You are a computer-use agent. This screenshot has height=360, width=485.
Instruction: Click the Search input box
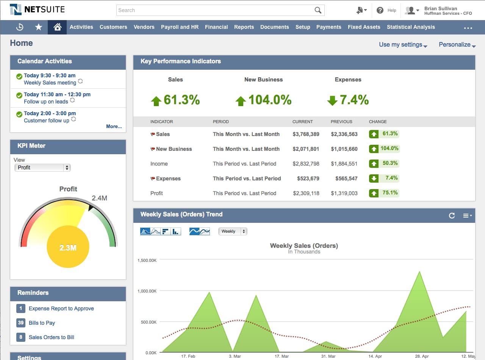(x=216, y=10)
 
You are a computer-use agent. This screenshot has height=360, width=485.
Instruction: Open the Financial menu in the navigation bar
(x=216, y=27)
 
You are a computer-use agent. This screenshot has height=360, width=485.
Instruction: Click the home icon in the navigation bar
(x=57, y=27)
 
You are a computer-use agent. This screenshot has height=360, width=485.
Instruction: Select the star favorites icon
(x=38, y=27)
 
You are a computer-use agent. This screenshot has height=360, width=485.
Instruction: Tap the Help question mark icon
(x=380, y=11)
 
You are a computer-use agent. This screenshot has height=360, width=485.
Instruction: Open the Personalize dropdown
(x=457, y=45)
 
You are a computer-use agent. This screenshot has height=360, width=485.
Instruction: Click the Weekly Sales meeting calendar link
(x=50, y=83)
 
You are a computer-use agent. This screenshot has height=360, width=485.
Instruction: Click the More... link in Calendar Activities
(x=114, y=127)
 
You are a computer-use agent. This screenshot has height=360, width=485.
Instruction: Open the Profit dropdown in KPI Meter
(x=42, y=167)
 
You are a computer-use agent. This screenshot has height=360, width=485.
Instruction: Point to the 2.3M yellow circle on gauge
(x=68, y=248)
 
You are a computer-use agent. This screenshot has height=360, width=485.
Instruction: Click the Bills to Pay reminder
(x=42, y=323)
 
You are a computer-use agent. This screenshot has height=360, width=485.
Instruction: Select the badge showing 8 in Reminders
(x=20, y=337)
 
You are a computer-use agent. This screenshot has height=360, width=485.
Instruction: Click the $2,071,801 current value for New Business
(x=306, y=149)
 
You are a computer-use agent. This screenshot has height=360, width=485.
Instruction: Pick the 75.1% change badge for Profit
(x=384, y=193)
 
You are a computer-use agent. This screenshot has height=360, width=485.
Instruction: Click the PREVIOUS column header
(x=341, y=122)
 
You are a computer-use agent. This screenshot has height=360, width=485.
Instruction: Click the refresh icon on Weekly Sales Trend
(x=452, y=216)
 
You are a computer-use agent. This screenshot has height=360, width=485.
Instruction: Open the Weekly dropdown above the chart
(x=232, y=231)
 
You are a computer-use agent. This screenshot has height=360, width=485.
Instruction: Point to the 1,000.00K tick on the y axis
(x=147, y=291)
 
